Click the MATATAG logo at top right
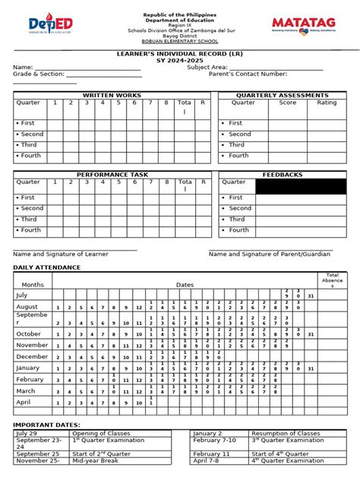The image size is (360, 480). [x=307, y=26]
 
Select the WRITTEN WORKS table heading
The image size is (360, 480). [x=112, y=95]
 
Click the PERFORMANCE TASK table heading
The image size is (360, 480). [x=112, y=175]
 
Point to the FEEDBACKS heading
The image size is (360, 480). [x=283, y=175]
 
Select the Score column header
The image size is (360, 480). [x=288, y=103]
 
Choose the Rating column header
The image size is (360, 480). [x=327, y=103]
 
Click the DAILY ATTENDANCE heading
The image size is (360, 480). [x=46, y=268]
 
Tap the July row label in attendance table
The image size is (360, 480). [x=22, y=295]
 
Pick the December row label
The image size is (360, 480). [x=33, y=356]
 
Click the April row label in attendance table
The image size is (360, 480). [x=24, y=402]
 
